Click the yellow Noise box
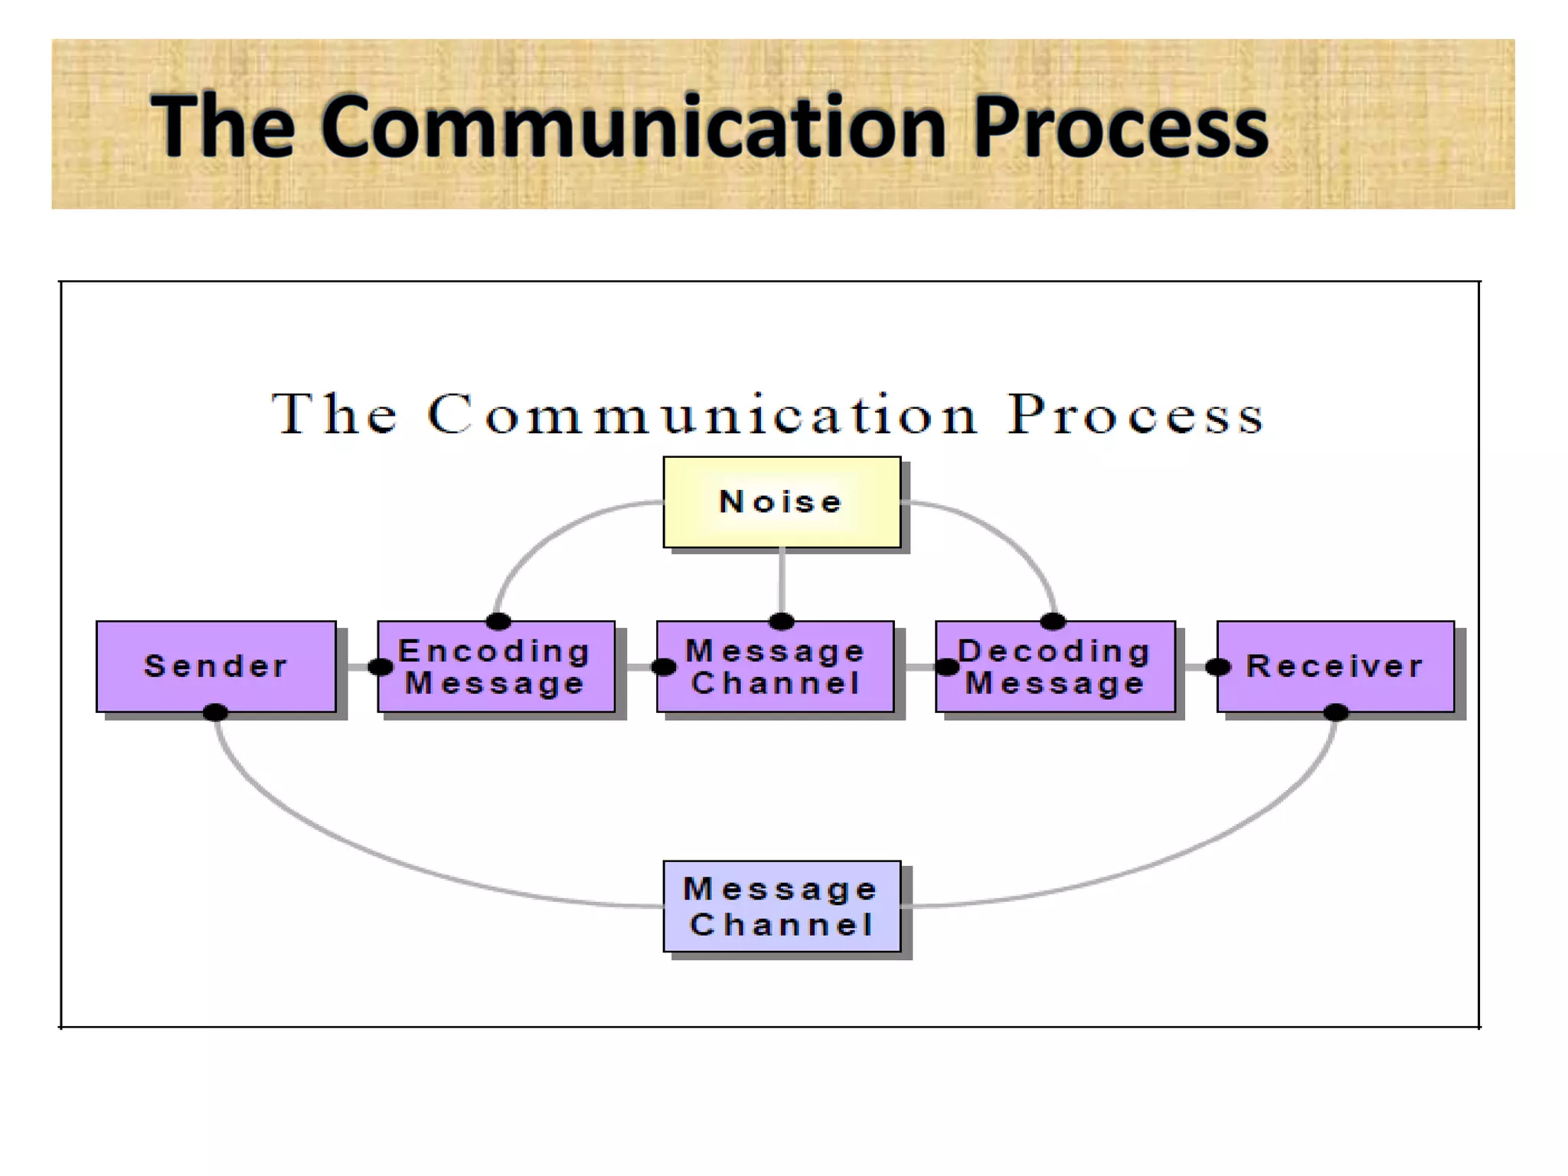click(x=782, y=502)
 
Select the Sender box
click(x=216, y=666)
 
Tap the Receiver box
click(x=1335, y=666)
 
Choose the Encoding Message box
click(x=496, y=666)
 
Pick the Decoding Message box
click(x=1055, y=666)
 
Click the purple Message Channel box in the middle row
click(x=775, y=666)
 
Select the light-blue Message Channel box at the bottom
click(x=782, y=906)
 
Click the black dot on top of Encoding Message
click(x=498, y=621)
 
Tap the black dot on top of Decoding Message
click(x=1053, y=621)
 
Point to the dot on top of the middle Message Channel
click(x=781, y=621)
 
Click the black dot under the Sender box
click(x=215, y=713)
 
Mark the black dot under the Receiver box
click(x=1336, y=713)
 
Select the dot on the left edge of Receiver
click(x=1217, y=668)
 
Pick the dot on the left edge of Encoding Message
click(x=381, y=668)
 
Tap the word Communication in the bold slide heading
click(x=634, y=126)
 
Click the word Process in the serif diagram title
click(x=1135, y=416)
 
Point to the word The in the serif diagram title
click(x=335, y=416)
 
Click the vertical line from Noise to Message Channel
click(x=782, y=582)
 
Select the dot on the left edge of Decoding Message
click(x=947, y=668)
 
